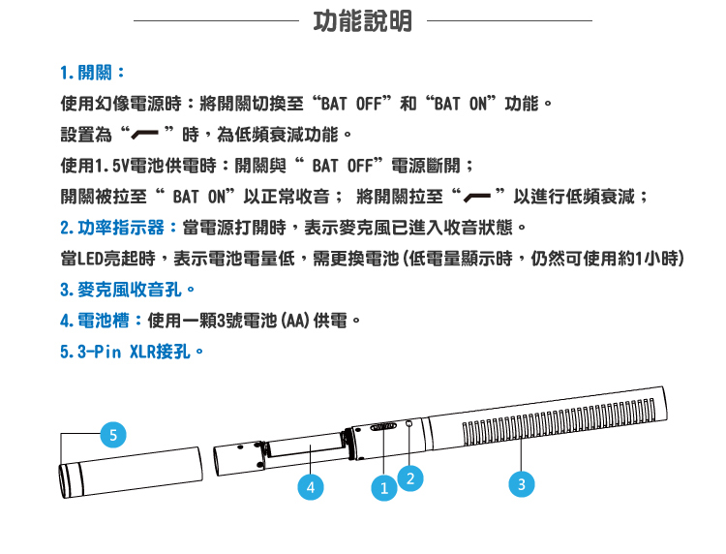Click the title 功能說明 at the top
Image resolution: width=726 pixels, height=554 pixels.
point(363,21)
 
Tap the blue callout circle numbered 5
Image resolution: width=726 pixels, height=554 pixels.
point(113,435)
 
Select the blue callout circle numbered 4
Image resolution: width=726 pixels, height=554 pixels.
point(310,487)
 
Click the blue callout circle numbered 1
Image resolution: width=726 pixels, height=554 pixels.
point(384,488)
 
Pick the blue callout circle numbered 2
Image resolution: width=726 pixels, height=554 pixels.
point(410,478)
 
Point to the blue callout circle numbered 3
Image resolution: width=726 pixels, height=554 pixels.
point(522,484)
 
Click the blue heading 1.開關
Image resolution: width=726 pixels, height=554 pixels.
point(92,73)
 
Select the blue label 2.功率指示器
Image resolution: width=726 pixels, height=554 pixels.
point(118,228)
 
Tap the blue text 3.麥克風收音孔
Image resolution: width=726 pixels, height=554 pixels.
point(128,290)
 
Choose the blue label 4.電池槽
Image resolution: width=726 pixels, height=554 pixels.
point(101,321)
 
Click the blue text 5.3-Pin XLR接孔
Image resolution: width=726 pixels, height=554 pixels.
point(132,352)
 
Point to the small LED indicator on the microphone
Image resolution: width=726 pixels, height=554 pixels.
point(408,423)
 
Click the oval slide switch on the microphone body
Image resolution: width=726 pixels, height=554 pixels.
point(383,426)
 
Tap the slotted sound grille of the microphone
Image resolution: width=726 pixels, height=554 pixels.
point(560,421)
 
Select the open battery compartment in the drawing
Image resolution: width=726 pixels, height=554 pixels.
point(304,447)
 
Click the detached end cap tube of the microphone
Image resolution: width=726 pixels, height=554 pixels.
point(131,473)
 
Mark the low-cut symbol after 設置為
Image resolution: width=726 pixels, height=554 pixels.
point(144,134)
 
